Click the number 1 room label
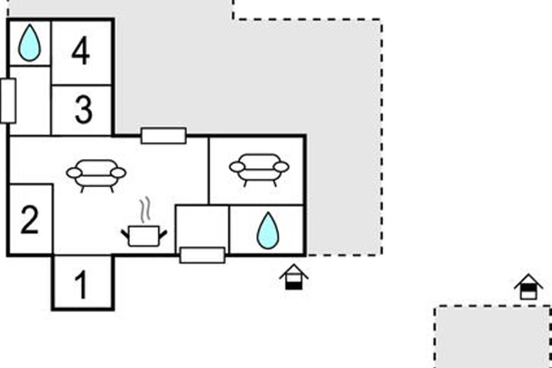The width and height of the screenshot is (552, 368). coord(81,285)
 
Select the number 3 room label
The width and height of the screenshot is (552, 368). coord(83,110)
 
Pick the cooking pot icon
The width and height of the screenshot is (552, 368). coord(144,236)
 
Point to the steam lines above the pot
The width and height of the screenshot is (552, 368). coord(145,209)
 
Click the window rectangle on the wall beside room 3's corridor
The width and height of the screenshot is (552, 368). coord(8,101)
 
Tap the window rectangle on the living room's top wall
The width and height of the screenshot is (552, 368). coord(163,136)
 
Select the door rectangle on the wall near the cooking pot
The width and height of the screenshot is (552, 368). coord(202,255)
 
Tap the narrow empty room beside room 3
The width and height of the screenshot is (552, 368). coord(30,100)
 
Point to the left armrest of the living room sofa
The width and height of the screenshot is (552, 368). coord(74,173)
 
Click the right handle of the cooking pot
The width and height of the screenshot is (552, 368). coord(162,233)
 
